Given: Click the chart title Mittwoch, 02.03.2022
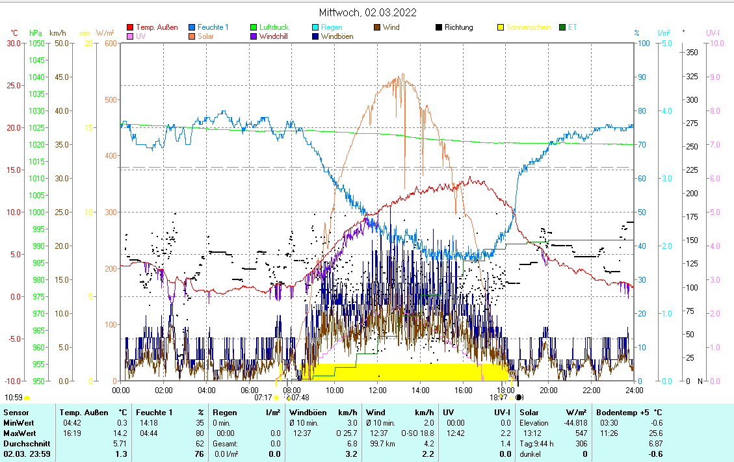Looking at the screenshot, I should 367,12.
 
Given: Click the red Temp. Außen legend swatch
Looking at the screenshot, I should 129,27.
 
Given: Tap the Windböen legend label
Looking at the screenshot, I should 338,36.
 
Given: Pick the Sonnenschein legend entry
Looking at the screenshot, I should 529,27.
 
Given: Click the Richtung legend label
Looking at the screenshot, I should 458,27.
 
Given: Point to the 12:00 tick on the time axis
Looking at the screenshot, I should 377,390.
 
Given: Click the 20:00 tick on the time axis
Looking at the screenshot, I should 548,390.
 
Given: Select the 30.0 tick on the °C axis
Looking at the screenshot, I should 13,44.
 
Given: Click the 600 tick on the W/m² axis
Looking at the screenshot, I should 109,44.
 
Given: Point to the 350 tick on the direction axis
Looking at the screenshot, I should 692,53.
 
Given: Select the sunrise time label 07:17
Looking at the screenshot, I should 263,397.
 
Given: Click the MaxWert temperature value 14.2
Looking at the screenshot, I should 121,433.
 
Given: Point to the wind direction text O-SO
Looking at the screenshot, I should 409,433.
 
